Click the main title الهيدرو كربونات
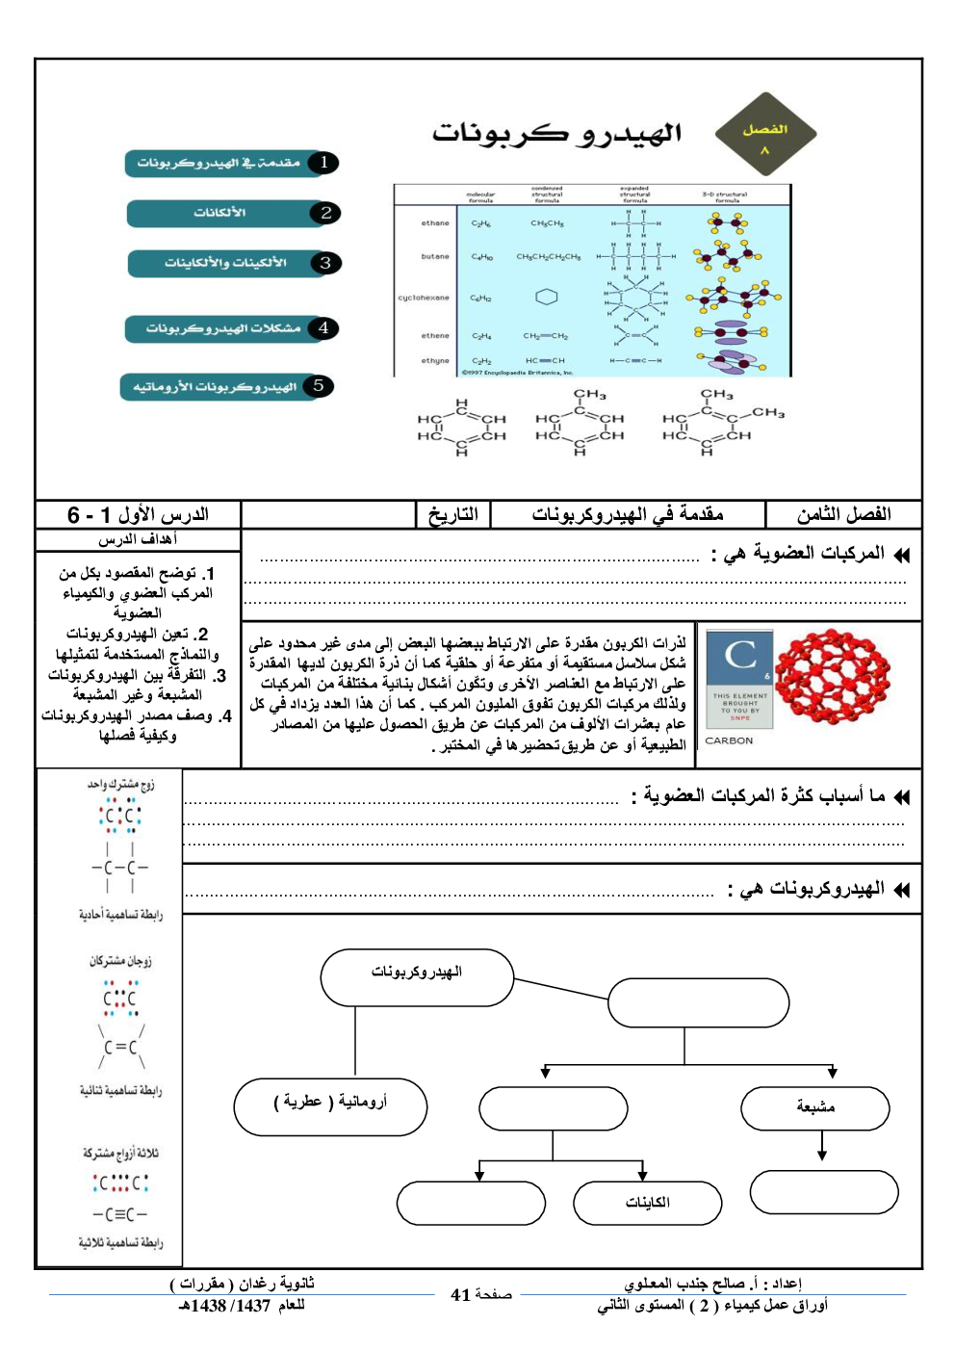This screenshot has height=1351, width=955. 556,133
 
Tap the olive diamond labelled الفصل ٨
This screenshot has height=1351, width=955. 765,135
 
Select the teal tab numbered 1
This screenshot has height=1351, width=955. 231,163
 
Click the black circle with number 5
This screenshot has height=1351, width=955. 318,386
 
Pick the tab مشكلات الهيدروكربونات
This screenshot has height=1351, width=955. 231,328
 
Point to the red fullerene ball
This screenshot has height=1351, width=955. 832,678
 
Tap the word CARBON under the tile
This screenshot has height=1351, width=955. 729,740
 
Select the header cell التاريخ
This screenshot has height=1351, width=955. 452,514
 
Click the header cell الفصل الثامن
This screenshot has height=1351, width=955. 843,514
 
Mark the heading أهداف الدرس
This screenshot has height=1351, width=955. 138,539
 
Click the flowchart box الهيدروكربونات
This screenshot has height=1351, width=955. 417,976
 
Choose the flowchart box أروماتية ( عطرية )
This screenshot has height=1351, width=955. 330,1106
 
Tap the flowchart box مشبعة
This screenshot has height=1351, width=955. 815,1108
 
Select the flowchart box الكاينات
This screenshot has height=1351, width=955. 647,1203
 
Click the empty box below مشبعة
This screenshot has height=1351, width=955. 824,1192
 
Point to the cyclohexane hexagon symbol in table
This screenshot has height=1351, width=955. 547,297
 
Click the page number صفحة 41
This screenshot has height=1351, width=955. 480,1295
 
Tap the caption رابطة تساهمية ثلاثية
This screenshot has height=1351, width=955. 120,1243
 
